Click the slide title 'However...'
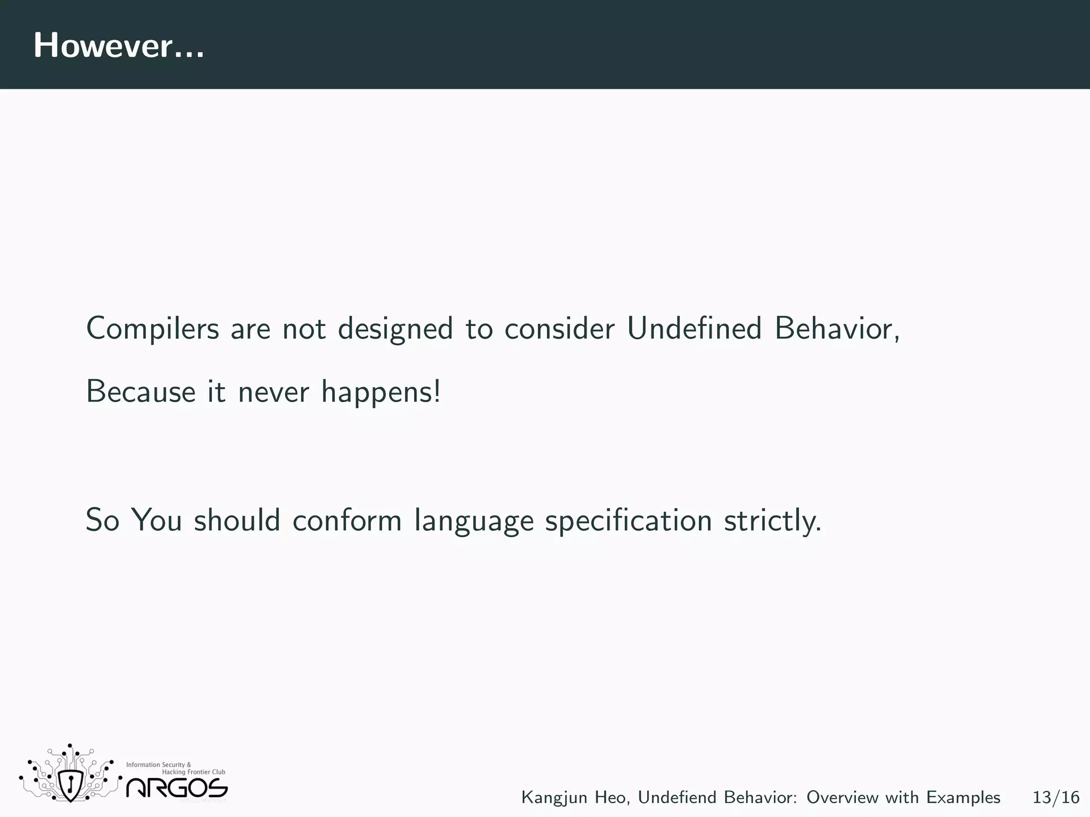pyautogui.click(x=118, y=46)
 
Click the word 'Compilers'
pyautogui.click(x=152, y=329)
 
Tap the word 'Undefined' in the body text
pyautogui.click(x=694, y=328)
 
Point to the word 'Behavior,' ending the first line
pyautogui.click(x=837, y=329)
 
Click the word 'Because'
pyautogui.click(x=141, y=392)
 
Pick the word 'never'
pyautogui.click(x=273, y=393)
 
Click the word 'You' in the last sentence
pyautogui.click(x=156, y=520)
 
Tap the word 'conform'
pyautogui.click(x=347, y=520)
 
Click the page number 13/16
pyautogui.click(x=1056, y=797)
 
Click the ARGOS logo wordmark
pyautogui.click(x=177, y=788)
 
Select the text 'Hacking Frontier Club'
pyautogui.click(x=193, y=772)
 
